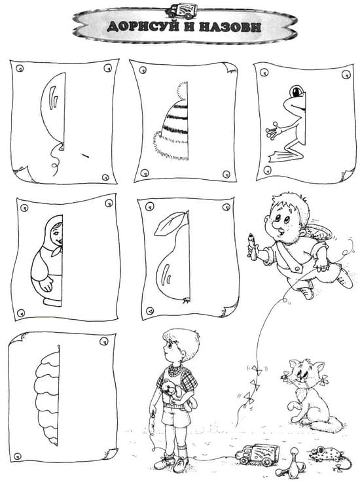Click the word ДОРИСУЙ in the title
[x=143, y=26]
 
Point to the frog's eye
[x=297, y=92]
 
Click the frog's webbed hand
[x=273, y=131]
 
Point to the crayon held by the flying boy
[x=252, y=246]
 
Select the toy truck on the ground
[x=257, y=455]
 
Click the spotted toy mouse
[x=326, y=455]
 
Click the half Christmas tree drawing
[x=48, y=396]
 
